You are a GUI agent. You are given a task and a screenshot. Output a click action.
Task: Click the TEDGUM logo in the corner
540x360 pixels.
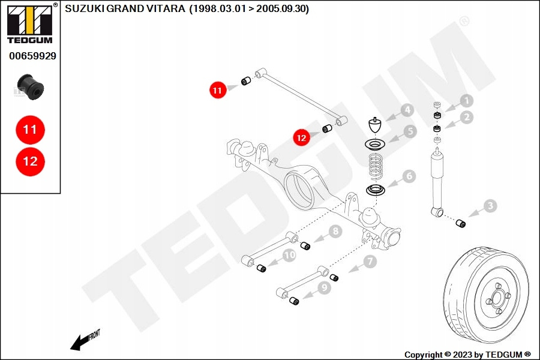[30, 23]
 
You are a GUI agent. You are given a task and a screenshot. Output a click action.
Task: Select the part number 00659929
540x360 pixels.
[33, 56]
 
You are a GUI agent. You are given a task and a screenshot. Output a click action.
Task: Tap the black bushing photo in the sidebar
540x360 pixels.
[31, 87]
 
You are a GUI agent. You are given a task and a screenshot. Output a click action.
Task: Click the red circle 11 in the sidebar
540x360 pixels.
[31, 130]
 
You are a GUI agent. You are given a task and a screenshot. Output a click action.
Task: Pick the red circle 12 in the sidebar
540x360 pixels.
[31, 161]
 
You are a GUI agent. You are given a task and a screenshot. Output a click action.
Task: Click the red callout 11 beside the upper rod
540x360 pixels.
[218, 90]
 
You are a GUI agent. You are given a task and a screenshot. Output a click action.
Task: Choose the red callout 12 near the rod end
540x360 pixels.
[301, 138]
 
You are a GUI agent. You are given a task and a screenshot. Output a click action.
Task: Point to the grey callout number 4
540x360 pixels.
[408, 110]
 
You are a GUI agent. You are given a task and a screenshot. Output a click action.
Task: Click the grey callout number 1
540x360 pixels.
[467, 101]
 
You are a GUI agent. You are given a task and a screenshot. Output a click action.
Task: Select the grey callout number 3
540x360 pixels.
[490, 206]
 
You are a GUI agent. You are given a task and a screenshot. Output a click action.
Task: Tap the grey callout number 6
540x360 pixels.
[409, 176]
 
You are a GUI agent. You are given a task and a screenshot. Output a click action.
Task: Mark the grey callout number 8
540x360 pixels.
[335, 231]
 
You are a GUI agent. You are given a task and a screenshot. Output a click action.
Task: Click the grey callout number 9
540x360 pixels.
[324, 287]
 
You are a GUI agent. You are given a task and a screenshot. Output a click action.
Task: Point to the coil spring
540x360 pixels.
[376, 167]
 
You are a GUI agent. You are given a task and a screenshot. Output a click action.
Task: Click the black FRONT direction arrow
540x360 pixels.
[80, 343]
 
